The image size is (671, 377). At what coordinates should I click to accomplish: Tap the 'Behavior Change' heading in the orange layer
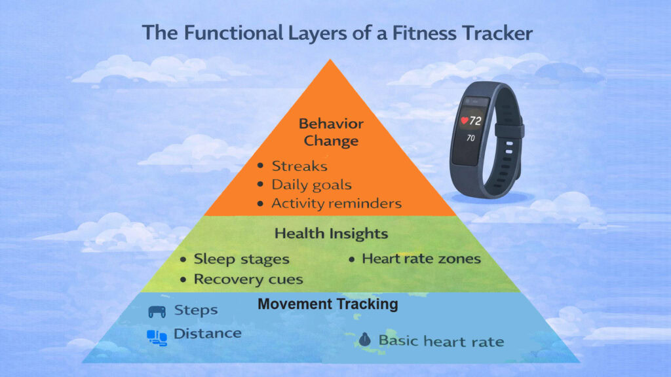[331, 132]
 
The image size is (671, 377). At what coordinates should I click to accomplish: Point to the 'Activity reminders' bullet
[336, 204]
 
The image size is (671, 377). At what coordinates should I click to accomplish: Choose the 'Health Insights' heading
[331, 234]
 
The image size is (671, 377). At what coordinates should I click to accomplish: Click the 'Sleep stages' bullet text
[241, 259]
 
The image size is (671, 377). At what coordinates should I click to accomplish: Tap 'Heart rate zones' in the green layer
[421, 259]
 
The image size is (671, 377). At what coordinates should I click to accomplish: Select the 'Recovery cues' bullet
[248, 279]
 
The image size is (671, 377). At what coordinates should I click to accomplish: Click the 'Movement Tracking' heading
[328, 304]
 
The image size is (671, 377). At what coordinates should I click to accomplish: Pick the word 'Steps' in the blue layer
[195, 310]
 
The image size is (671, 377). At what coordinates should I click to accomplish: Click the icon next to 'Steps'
[157, 311]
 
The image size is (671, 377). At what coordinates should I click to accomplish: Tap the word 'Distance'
[207, 334]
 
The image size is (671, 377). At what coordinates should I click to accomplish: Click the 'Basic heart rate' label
[441, 341]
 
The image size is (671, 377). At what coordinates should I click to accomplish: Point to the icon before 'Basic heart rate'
[365, 340]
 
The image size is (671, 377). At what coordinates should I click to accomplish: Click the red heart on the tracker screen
[465, 121]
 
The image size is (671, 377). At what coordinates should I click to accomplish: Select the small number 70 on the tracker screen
[471, 139]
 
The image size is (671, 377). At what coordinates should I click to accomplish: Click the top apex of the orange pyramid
[331, 60]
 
